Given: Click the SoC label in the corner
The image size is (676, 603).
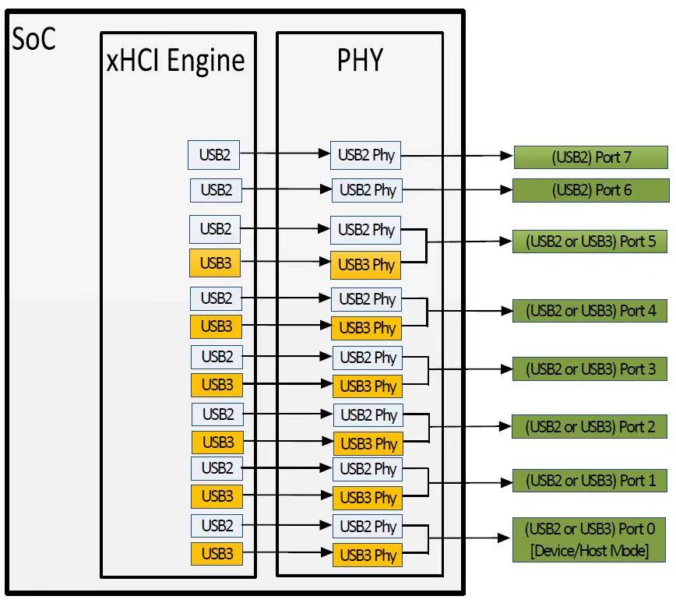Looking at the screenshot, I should click(x=34, y=39).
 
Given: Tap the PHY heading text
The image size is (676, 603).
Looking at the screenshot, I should click(x=360, y=60).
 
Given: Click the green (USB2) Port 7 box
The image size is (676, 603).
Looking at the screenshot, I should click(x=591, y=157).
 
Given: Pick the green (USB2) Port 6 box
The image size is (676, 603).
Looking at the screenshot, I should click(x=591, y=190).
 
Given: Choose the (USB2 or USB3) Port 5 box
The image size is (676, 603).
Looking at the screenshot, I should click(x=590, y=242).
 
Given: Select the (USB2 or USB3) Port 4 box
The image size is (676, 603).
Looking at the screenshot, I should click(x=590, y=311).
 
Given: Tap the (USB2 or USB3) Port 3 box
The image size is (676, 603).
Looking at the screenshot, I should click(x=590, y=368).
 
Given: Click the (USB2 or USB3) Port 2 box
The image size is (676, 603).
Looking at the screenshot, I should click(x=590, y=427).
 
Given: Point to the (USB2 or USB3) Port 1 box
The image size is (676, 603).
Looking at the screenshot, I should click(x=590, y=481).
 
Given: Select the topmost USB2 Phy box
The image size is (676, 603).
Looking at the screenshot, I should click(x=366, y=155).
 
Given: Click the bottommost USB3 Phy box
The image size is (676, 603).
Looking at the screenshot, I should click(x=367, y=555).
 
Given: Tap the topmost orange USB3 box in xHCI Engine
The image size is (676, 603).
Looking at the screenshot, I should click(x=215, y=264).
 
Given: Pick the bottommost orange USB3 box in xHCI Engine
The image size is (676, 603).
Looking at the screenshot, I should click(x=217, y=555).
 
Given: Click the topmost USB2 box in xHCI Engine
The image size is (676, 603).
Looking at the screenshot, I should click(x=214, y=155).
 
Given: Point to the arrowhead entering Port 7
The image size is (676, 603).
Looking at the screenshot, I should click(x=507, y=157).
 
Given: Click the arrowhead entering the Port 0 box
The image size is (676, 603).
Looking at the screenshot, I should click(x=505, y=538).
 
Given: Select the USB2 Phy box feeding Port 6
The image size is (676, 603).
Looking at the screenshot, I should click(x=368, y=190).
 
